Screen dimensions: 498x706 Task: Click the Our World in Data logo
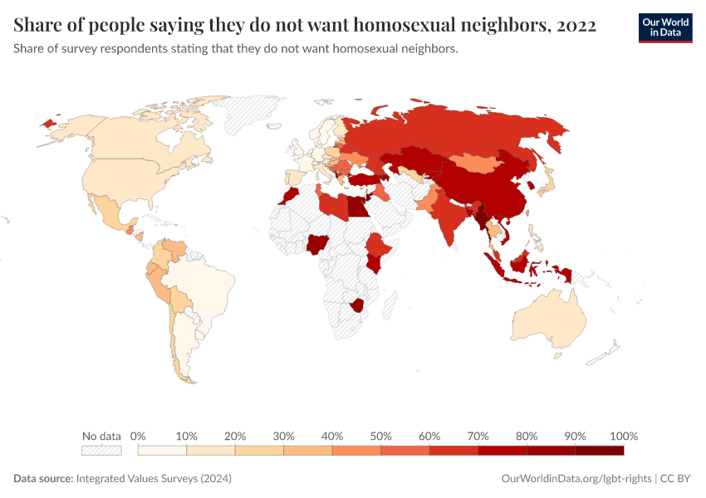pyautogui.click(x=664, y=27)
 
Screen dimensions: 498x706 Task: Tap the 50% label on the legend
pyautogui.click(x=380, y=436)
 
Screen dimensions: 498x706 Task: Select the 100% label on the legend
pyautogui.click(x=623, y=436)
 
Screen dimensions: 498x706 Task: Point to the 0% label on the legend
pyautogui.click(x=138, y=436)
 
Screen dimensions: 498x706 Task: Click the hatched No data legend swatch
pyautogui.click(x=101, y=450)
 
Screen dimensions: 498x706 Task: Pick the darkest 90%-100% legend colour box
pyautogui.click(x=599, y=450)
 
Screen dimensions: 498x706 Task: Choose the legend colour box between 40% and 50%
pyautogui.click(x=356, y=450)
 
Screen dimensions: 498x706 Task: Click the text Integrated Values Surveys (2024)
pyautogui.click(x=154, y=479)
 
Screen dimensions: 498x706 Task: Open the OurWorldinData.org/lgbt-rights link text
pyautogui.click(x=577, y=479)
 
